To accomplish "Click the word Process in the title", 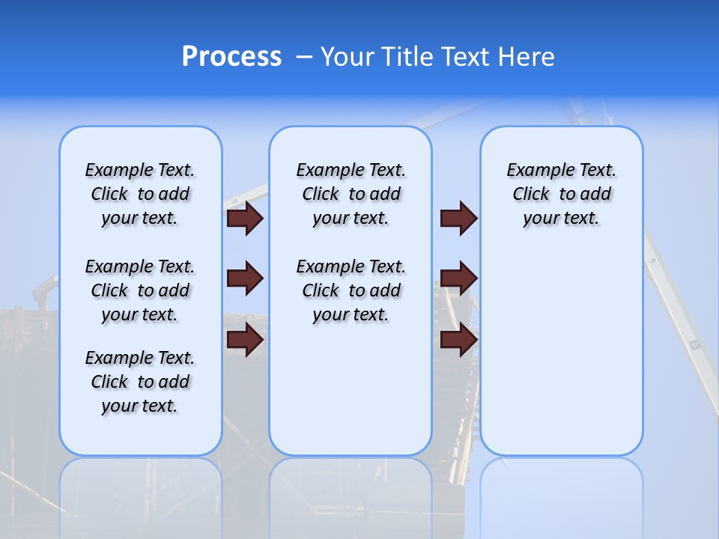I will (231, 57).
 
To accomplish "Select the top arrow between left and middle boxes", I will (245, 218).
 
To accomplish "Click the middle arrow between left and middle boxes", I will (245, 278).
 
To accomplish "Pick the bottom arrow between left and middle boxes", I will (245, 340).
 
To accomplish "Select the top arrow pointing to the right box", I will (459, 218).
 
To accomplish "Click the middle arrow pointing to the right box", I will (459, 278).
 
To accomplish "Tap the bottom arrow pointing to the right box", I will (459, 340).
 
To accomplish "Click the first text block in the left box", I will (140, 194).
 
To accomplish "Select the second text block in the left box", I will (140, 290).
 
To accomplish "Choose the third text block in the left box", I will (140, 382).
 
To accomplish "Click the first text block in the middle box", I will (351, 194).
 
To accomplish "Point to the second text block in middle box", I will (351, 290).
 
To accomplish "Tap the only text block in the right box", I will (561, 194).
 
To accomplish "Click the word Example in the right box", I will (534, 171).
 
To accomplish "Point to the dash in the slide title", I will (303, 57).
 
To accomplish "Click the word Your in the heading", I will (348, 57).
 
